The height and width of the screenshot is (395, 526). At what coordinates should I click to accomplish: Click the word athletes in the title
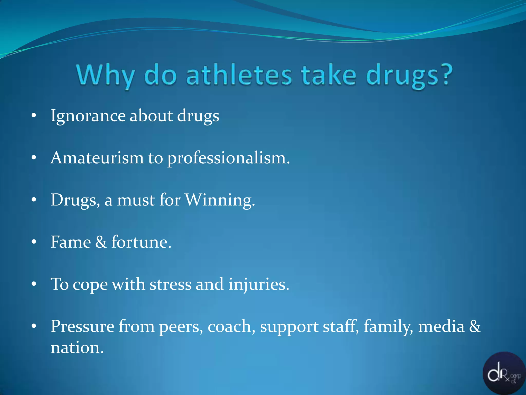coord(239,75)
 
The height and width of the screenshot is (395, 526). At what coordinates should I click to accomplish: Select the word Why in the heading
coord(106,75)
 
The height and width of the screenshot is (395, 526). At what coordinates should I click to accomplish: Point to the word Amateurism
coord(97,158)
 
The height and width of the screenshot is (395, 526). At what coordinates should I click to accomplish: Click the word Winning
coord(220,200)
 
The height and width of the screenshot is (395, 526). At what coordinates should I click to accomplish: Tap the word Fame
coord(71,242)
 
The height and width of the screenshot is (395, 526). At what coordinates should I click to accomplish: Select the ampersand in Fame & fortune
coord(101,242)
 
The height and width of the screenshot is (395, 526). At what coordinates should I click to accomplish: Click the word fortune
coord(141,242)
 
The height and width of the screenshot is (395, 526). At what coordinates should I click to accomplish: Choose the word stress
coord(171,284)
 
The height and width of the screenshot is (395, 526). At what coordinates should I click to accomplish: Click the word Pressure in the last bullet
coord(82,326)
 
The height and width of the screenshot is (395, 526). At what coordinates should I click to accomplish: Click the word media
coord(441,326)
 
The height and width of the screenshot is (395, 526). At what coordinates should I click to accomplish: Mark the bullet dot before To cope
coord(34,284)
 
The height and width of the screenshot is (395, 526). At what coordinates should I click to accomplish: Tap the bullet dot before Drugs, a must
coord(34,200)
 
